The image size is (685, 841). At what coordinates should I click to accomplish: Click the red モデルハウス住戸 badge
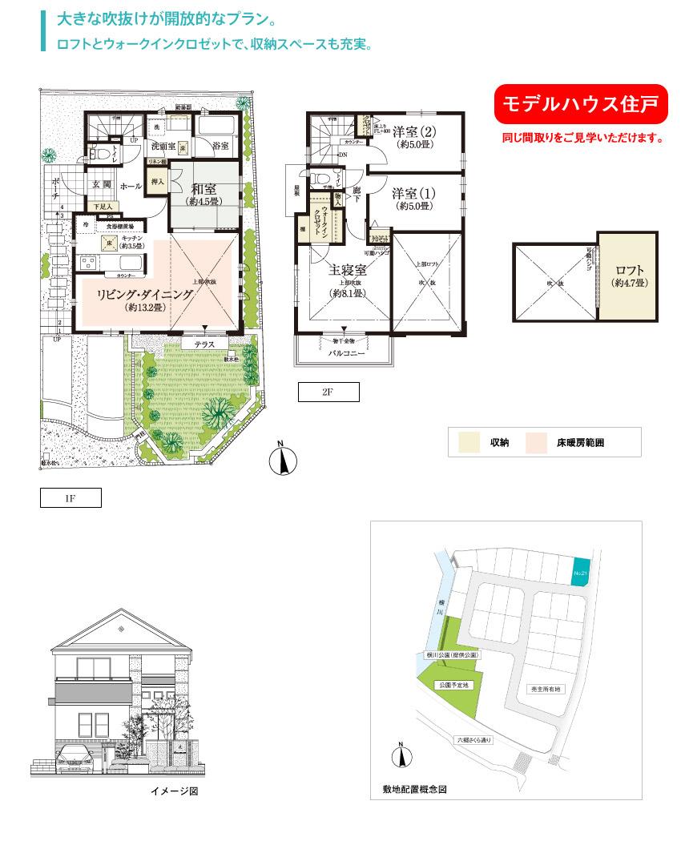(580, 103)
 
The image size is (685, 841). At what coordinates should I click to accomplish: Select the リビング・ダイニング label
(145, 295)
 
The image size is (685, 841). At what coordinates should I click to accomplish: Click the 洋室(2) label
(413, 131)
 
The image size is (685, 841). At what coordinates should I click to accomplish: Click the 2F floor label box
(328, 392)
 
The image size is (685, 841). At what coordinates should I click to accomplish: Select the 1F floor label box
(71, 498)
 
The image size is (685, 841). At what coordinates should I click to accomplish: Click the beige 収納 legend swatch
(469, 442)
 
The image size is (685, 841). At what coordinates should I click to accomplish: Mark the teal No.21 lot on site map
(582, 572)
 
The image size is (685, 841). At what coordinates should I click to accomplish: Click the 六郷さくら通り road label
(473, 739)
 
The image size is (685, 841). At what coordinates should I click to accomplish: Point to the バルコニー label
(345, 353)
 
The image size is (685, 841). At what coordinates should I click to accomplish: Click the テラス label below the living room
(203, 344)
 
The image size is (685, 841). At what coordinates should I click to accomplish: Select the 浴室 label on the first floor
(221, 147)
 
